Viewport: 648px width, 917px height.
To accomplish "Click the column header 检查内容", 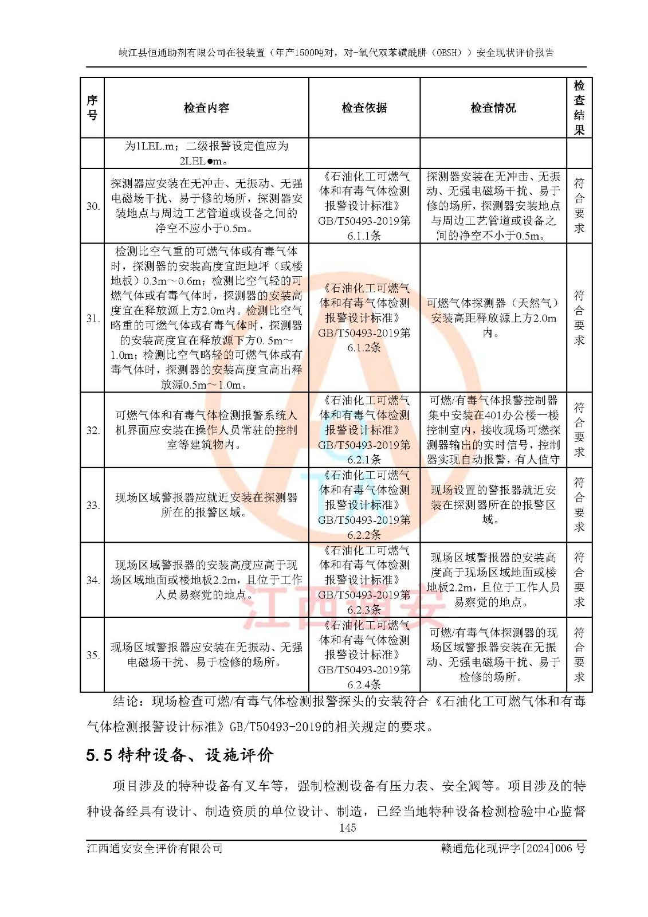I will tap(206, 108).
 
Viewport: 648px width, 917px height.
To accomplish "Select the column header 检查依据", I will tap(364, 108).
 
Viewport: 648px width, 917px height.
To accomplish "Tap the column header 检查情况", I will tap(493, 108).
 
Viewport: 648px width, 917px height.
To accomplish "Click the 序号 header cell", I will tap(92, 108).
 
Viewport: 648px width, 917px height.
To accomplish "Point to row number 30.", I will tap(93, 206).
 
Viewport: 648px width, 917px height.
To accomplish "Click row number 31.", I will tap(93, 319).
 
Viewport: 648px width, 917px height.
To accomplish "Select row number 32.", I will tap(93, 430).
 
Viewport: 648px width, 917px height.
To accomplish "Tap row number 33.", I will tap(93, 505).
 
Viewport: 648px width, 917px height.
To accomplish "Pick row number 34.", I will tap(93, 580).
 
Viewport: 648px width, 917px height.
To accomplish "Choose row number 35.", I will tap(93, 655).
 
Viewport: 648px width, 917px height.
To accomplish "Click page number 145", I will tap(347, 828).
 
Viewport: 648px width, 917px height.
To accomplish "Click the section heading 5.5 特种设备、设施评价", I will tap(180, 755).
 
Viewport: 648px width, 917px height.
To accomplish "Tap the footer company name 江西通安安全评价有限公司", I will tap(155, 848).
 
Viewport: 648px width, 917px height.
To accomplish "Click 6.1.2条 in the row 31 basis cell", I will tap(364, 347).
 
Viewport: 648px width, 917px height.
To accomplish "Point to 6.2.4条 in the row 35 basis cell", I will tap(364, 684).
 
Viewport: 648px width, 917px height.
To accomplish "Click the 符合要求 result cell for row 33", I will tap(579, 505).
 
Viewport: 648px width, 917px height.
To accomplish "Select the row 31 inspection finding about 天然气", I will tap(493, 318).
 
